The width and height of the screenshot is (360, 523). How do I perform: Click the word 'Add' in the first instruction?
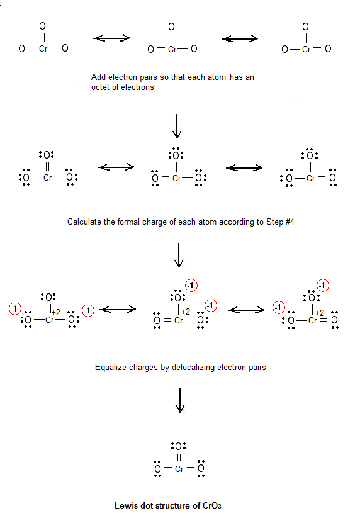pyautogui.click(x=98, y=77)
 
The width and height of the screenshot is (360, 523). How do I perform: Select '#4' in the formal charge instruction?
pyautogui.click(x=290, y=222)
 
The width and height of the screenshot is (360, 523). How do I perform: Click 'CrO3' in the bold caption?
pyautogui.click(x=212, y=505)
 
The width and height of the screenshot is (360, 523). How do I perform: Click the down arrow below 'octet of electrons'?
pyautogui.click(x=177, y=126)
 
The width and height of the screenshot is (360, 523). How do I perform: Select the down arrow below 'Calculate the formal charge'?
pyautogui.click(x=179, y=255)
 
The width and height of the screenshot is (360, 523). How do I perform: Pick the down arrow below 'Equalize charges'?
pyautogui.click(x=180, y=400)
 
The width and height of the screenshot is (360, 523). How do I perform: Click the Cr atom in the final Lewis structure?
pyautogui.click(x=179, y=469)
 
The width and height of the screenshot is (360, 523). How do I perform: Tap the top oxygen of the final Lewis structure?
pyautogui.click(x=179, y=446)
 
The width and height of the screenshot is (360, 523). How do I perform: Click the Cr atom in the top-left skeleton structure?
pyautogui.click(x=43, y=48)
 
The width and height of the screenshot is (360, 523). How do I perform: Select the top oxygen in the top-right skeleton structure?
pyautogui.click(x=305, y=26)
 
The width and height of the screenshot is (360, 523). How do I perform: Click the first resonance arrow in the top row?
pyautogui.click(x=111, y=38)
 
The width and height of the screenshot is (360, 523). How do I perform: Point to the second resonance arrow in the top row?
pyautogui.click(x=240, y=38)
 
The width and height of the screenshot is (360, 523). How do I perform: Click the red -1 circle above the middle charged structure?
pyautogui.click(x=191, y=286)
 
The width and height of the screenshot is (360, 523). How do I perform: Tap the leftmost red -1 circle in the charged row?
pyautogui.click(x=15, y=308)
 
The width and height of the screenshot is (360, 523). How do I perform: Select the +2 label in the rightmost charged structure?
pyautogui.click(x=319, y=313)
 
